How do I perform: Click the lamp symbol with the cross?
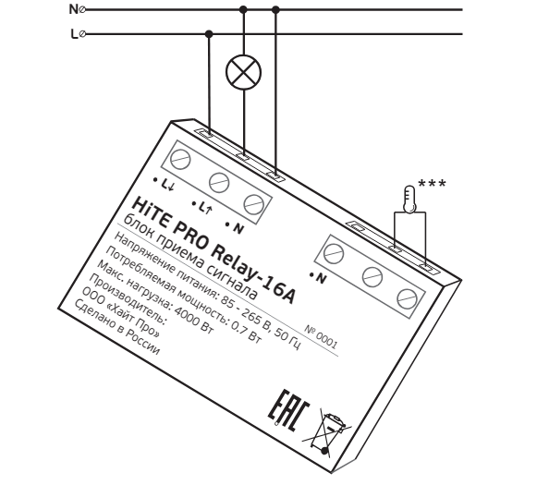tap(243, 72)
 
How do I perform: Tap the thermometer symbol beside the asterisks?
tap(409, 200)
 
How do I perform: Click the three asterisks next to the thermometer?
tap(433, 184)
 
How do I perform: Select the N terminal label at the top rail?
tap(74, 9)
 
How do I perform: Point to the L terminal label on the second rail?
tap(74, 34)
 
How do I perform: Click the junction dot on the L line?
tap(209, 34)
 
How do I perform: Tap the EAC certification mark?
tap(288, 411)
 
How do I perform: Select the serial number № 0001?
tap(321, 337)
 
